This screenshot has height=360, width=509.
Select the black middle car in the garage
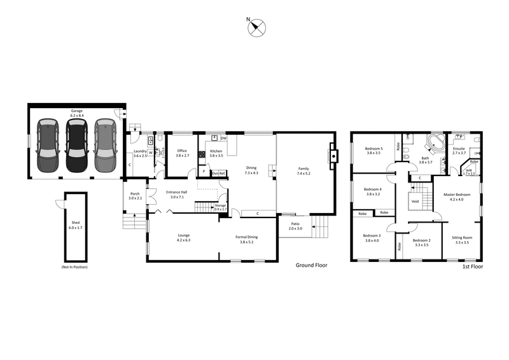76,146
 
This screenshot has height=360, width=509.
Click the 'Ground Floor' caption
311,265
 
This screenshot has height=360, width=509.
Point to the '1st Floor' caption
473,267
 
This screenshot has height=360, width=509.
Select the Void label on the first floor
415,202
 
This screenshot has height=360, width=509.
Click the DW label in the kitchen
224,138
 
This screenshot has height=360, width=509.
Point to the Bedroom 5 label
373,151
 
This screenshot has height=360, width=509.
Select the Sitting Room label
461,240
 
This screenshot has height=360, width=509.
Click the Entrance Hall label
176,194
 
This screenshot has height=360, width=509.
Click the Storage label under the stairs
220,207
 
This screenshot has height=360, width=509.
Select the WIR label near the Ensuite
468,172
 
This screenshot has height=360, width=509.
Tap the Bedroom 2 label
421,242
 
